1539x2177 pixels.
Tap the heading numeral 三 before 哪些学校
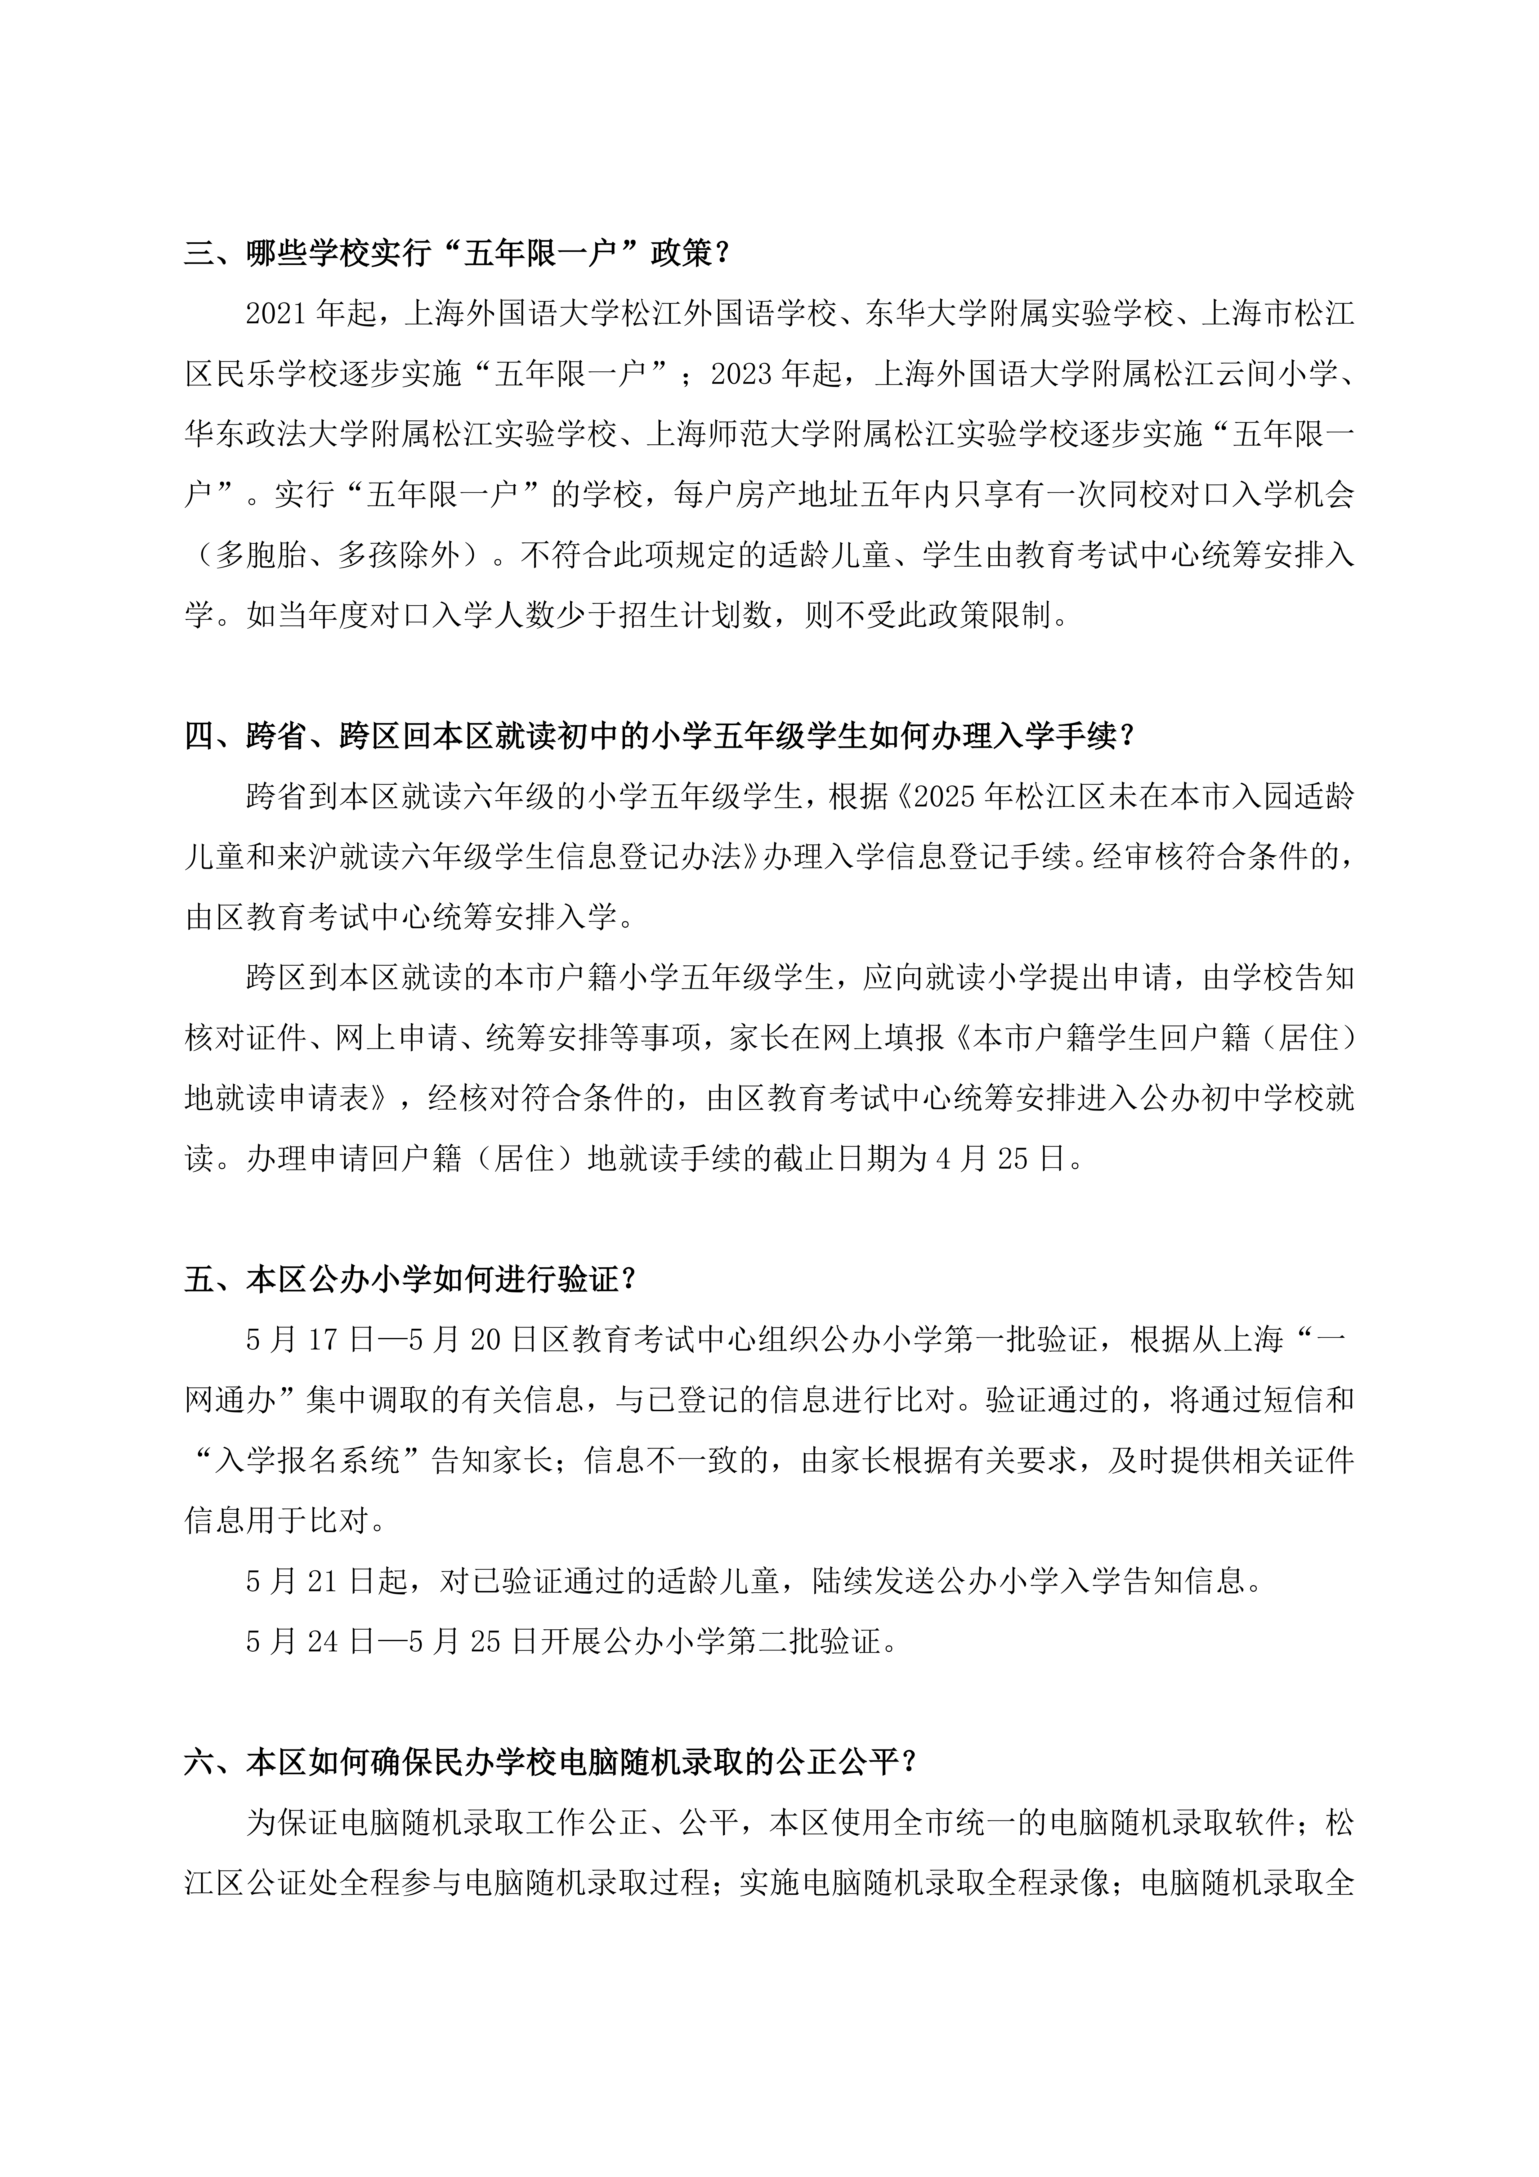(x=199, y=254)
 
